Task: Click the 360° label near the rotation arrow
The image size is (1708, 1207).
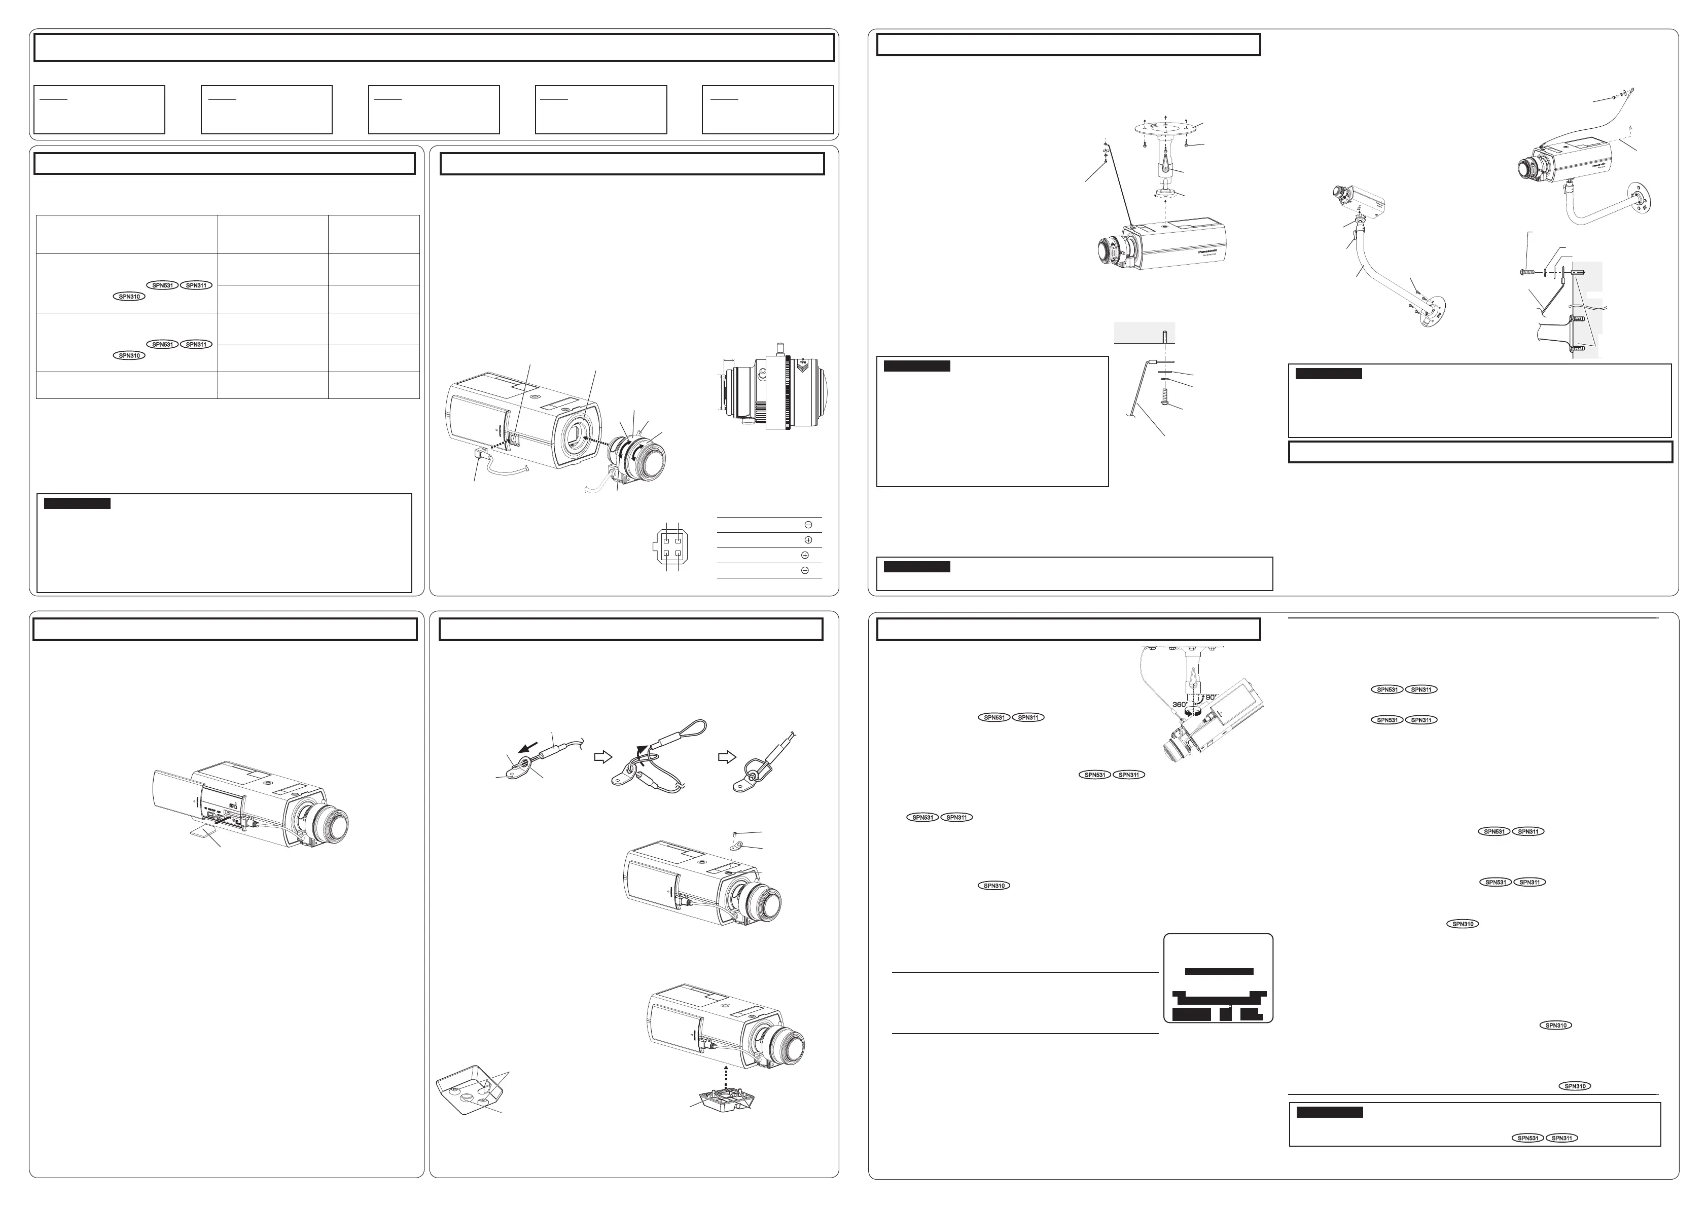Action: [1179, 704]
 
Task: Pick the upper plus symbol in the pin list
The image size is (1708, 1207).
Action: [809, 540]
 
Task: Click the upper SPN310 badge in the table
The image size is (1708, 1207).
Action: [129, 297]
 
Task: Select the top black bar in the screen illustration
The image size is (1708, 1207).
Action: [1219, 971]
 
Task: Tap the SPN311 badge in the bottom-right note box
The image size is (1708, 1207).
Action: [1561, 1138]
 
